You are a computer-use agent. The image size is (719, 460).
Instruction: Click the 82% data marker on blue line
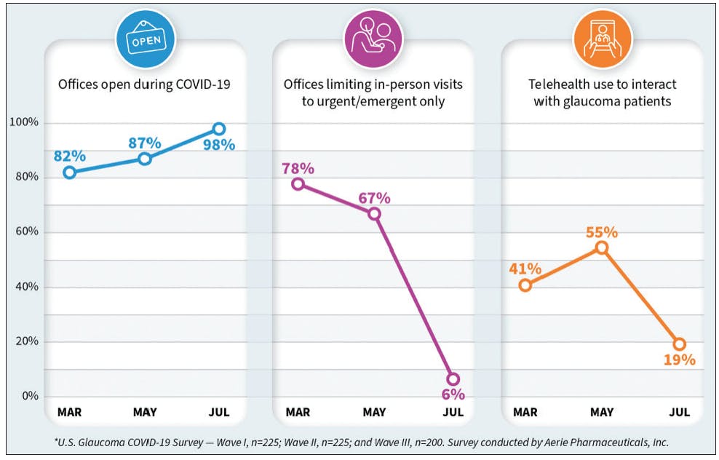[69, 172]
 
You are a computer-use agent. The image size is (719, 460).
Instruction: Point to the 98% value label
[219, 145]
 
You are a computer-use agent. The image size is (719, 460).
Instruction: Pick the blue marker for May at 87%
[144, 159]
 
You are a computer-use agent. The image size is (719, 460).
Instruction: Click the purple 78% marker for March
[298, 183]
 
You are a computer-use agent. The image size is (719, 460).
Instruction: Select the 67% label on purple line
[374, 198]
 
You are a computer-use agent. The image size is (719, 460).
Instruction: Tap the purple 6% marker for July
[453, 379]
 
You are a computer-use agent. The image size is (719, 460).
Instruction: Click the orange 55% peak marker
[601, 248]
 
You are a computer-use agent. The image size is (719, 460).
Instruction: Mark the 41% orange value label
[525, 269]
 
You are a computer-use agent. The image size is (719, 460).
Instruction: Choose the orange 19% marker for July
[679, 344]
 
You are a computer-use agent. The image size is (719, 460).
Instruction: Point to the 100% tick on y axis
[23, 122]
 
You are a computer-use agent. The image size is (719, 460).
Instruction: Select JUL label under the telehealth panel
[678, 413]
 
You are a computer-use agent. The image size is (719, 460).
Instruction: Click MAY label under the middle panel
[374, 413]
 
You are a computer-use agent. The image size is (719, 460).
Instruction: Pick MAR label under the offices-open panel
[69, 413]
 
